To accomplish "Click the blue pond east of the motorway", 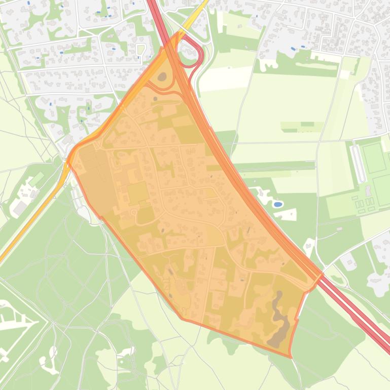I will click(x=278, y=205).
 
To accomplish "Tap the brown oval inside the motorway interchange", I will click(x=162, y=77).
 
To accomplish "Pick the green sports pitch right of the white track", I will click(x=375, y=158).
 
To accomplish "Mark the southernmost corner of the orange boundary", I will click(x=291, y=357).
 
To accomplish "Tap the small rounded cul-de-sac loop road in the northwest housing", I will click(x=141, y=49).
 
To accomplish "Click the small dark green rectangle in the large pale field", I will click(x=307, y=124).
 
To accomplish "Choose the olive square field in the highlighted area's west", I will click(x=137, y=192).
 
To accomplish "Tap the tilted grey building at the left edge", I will click(x=20, y=208).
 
